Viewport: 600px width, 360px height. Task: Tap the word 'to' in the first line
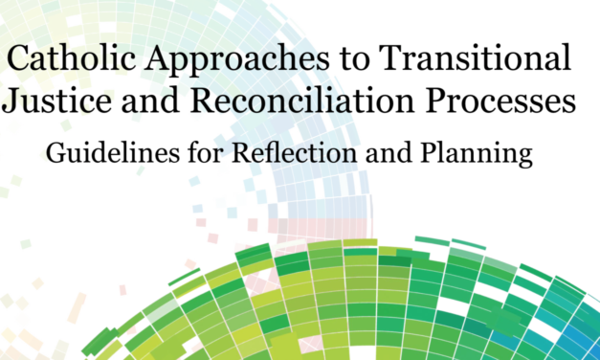click(350, 61)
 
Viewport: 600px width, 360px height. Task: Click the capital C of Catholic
click(18, 60)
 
